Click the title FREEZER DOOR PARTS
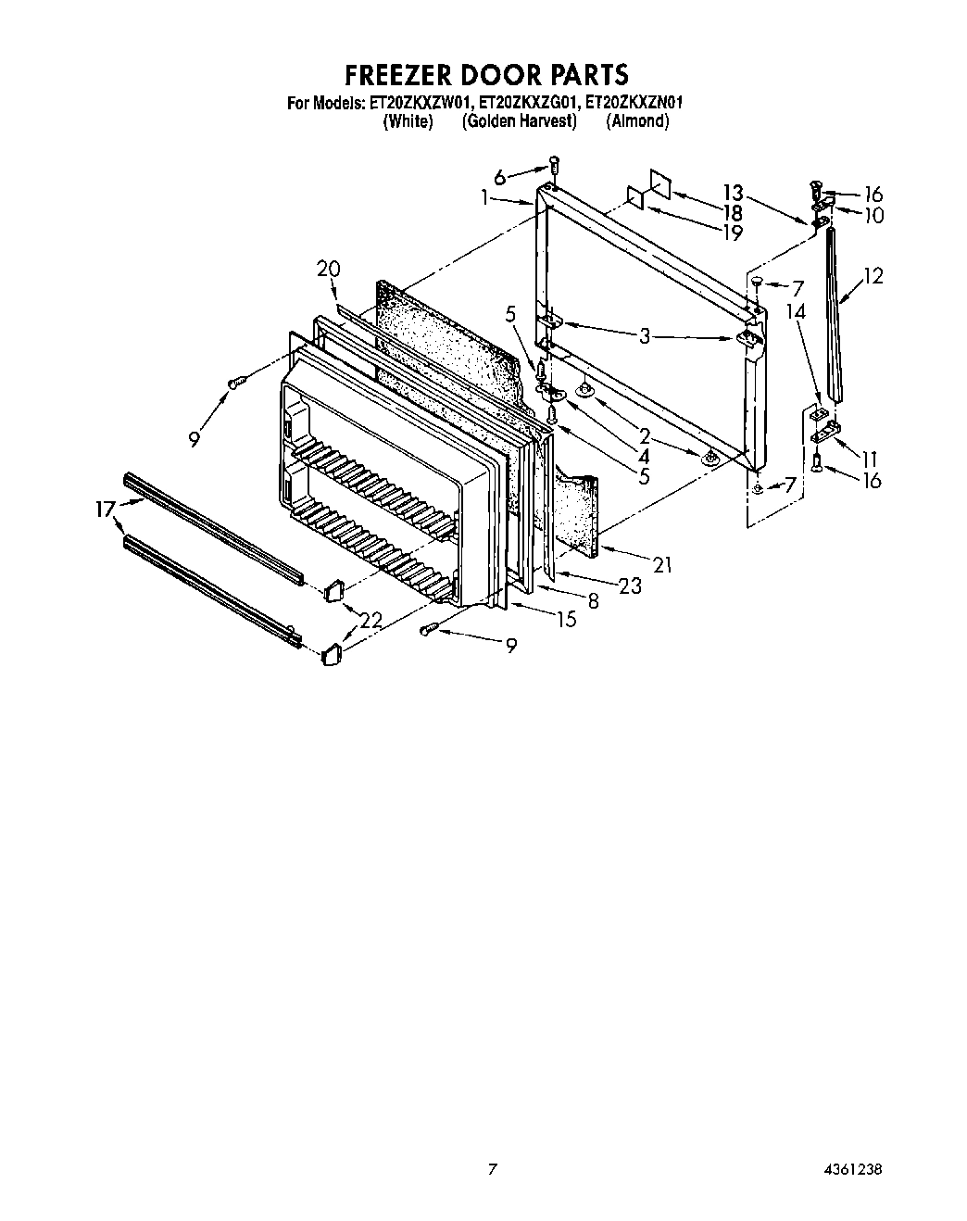tap(486, 74)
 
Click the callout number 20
tap(328, 270)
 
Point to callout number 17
tap(107, 508)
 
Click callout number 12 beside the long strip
tap(872, 275)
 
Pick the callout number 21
tap(661, 564)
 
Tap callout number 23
tap(630, 585)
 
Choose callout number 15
tap(566, 619)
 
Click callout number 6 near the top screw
tap(500, 176)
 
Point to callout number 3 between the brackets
tap(645, 336)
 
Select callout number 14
tap(796, 312)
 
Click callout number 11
tap(869, 458)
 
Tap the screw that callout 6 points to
tap(553, 165)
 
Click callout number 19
tap(732, 232)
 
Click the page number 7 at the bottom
tap(493, 1169)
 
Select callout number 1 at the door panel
tap(484, 197)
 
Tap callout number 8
tap(593, 600)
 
